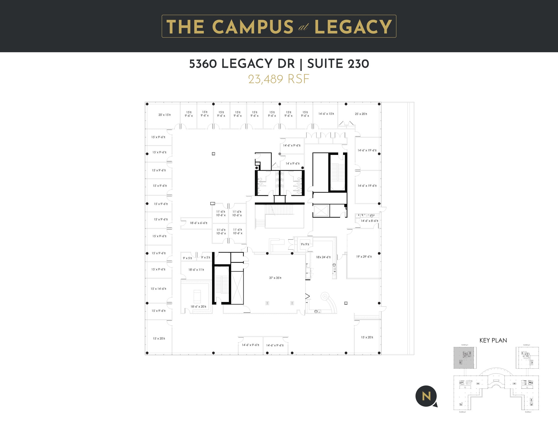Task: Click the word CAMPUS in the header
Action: click(x=252, y=27)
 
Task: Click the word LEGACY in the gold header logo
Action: click(x=353, y=27)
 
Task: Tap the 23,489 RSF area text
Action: click(x=279, y=79)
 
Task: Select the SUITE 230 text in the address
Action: click(x=338, y=64)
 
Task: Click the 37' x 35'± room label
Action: click(x=275, y=278)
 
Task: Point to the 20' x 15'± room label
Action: click(x=165, y=115)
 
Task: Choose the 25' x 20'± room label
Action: click(x=361, y=114)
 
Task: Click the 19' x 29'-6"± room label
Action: click(x=364, y=257)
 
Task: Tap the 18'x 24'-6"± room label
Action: click(x=323, y=257)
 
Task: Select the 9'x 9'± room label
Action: click(x=305, y=244)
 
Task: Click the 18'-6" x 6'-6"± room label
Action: click(x=199, y=223)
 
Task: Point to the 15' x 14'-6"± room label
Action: click(x=158, y=289)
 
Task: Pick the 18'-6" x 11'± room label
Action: click(x=196, y=270)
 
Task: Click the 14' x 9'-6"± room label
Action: click(x=292, y=164)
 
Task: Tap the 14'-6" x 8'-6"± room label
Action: click(x=369, y=221)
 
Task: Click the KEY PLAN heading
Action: click(x=493, y=340)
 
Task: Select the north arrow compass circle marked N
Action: click(x=426, y=396)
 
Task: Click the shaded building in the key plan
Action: click(x=465, y=358)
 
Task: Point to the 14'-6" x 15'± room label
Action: click(x=326, y=114)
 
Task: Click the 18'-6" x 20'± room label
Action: click(x=198, y=307)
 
